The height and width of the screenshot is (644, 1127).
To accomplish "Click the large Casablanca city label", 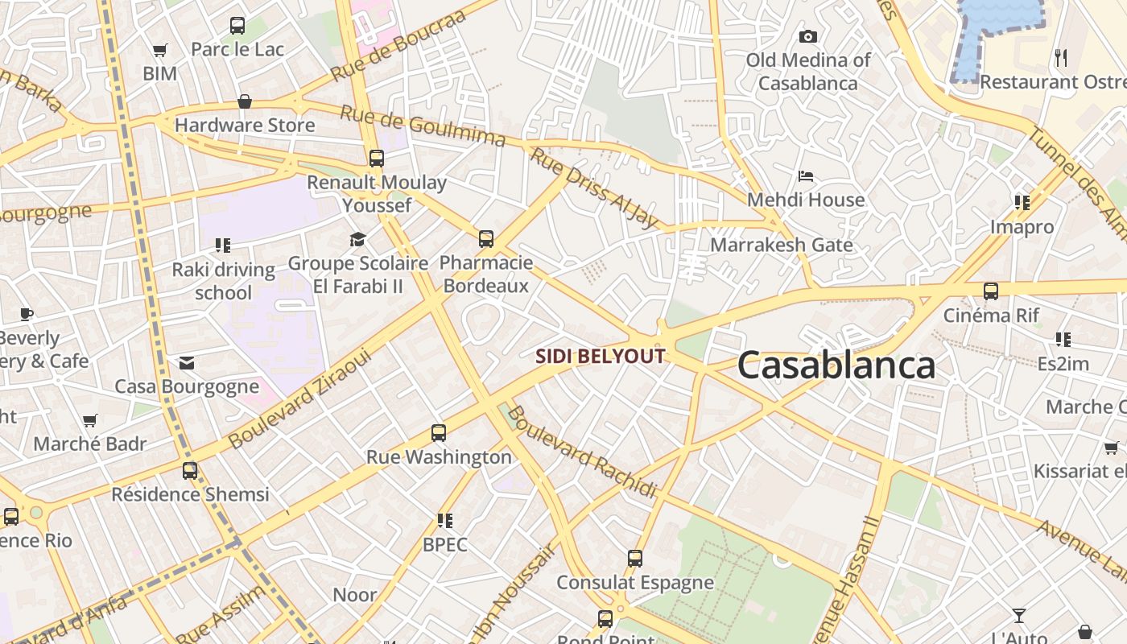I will [x=836, y=365].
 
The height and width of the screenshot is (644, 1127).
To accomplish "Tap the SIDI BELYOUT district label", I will [x=601, y=356].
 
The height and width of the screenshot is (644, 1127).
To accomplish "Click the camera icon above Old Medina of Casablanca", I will [x=807, y=36].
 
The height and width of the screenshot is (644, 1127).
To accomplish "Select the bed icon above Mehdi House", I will [x=806, y=175].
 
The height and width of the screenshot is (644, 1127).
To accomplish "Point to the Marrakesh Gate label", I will [x=781, y=245].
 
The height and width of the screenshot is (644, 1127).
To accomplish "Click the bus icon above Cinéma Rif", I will [x=991, y=291].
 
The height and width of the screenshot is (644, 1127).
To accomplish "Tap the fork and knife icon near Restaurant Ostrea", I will [x=1061, y=57].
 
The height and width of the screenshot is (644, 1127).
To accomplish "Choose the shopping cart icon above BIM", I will [x=159, y=50].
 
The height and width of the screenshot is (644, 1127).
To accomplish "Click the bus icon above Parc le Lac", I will [x=237, y=26].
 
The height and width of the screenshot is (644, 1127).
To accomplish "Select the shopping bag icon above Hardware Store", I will [x=245, y=101].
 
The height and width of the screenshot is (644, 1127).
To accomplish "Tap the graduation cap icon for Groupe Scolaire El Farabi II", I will [x=357, y=239].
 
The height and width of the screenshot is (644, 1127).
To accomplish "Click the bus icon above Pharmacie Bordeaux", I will [x=486, y=239].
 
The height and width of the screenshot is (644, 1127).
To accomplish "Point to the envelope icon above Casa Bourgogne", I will [x=187, y=363].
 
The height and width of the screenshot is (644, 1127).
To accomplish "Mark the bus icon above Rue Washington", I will [x=439, y=433].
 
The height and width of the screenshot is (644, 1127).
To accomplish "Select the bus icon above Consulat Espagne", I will [x=635, y=558].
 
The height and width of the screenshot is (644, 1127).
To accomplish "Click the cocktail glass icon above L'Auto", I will [x=1019, y=616].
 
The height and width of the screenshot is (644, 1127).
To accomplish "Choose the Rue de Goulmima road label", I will [x=423, y=126].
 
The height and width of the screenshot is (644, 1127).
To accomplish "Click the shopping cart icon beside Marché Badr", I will [x=90, y=420].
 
